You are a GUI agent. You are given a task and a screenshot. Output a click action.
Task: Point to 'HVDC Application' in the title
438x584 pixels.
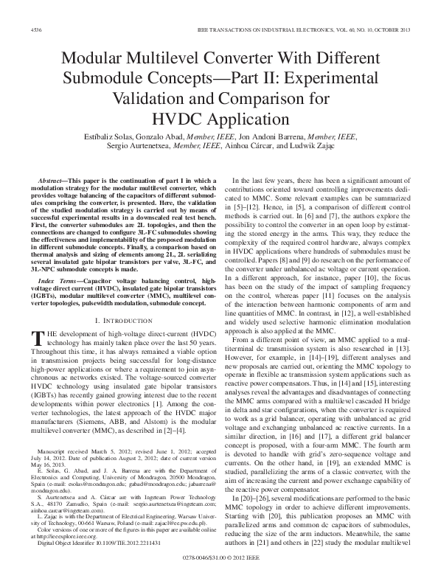tap(219, 117)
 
